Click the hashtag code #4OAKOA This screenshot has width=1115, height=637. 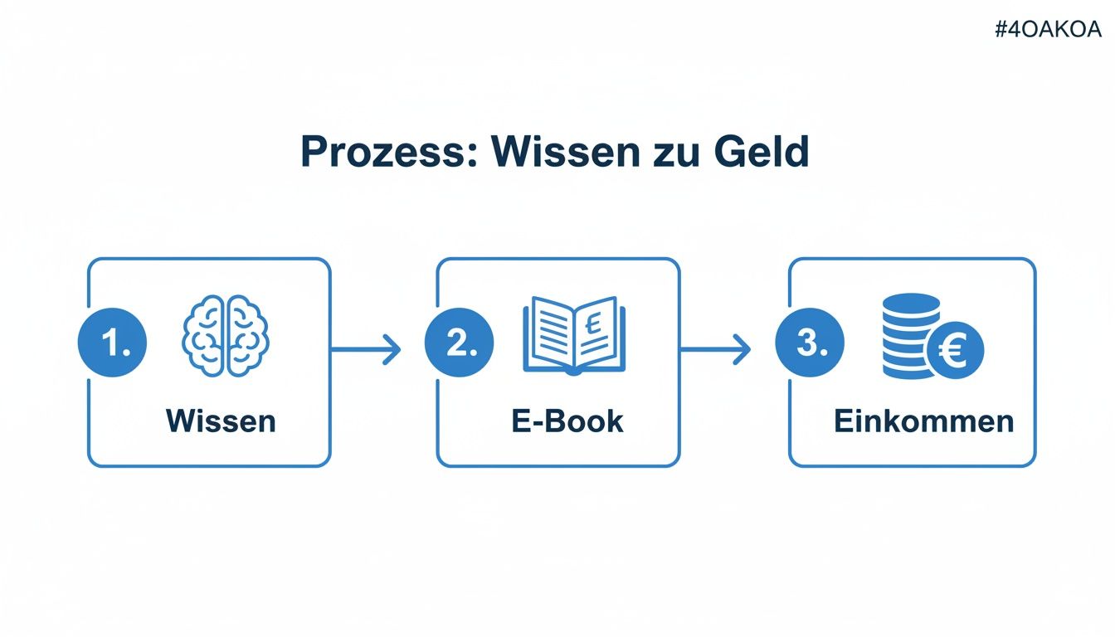pos(1047,30)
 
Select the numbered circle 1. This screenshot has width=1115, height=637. pos(112,343)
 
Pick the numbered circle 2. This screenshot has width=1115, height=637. pos(459,343)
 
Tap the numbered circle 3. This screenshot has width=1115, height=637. pos(809,343)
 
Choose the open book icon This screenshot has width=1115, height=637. pos(574,334)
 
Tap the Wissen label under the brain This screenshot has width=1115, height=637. pos(221,421)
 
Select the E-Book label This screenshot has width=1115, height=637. pos(567,421)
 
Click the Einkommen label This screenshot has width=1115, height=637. pos(923,421)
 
